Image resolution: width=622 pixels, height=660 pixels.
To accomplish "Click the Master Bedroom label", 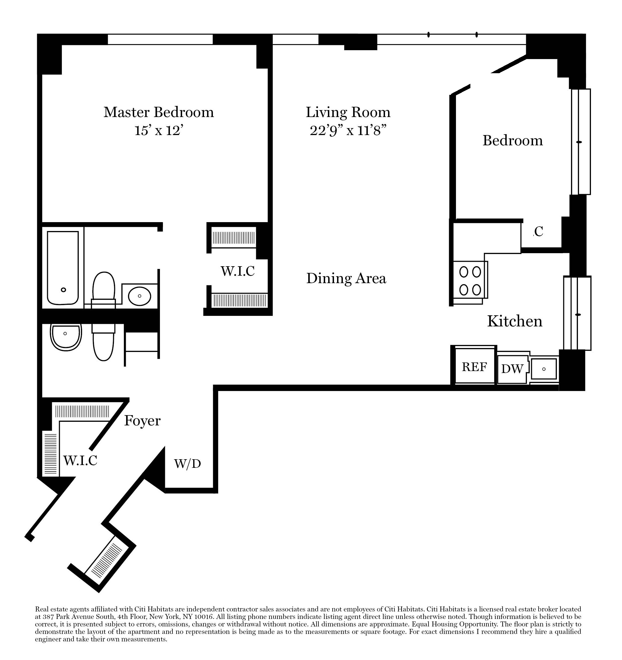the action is point(159,112).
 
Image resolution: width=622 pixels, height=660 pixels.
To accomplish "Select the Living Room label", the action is point(348,112).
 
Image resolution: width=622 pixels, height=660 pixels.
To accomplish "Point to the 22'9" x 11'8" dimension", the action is point(348,130).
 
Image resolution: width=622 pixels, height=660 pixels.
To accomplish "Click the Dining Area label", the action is point(346,278).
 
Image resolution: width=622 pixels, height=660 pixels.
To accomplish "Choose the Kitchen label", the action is point(514,321).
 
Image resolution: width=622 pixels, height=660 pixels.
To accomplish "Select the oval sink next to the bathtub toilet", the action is point(139,296).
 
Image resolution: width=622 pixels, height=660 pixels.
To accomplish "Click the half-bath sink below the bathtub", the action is point(66,336).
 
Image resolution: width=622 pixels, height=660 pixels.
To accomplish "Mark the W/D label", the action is point(188,464).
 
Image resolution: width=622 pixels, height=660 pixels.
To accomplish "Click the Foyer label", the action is point(142,421).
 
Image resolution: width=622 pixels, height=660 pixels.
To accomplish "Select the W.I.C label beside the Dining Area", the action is point(238,271).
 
